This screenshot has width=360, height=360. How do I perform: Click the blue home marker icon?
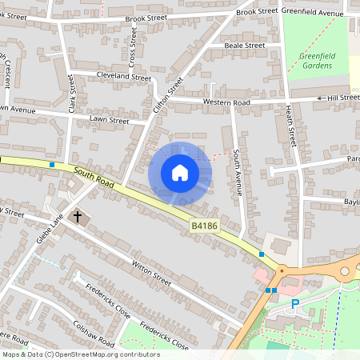[180, 173]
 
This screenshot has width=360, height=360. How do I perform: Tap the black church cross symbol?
[78, 216]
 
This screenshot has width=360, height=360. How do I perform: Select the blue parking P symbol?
[295, 303]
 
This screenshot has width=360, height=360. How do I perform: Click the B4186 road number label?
[204, 227]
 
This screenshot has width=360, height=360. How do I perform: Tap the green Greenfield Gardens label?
[317, 61]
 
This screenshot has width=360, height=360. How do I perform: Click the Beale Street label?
[245, 46]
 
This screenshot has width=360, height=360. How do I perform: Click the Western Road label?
[226, 102]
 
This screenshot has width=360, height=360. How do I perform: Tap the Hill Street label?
[343, 98]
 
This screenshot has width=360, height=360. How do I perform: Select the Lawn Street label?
[110, 121]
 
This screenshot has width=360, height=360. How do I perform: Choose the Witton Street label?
[151, 275]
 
